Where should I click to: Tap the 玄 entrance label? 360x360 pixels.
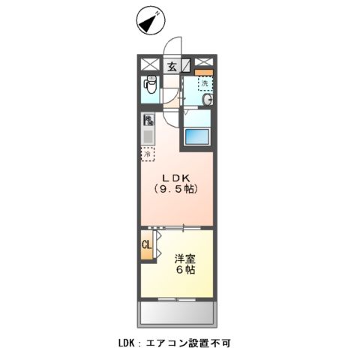point(171,64)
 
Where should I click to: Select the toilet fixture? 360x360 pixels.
point(149,88)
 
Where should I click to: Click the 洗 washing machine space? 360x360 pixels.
point(204,82)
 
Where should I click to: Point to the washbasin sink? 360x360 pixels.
point(207,99)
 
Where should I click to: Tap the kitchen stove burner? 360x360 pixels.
point(148,119)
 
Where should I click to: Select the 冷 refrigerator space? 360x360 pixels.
point(148,154)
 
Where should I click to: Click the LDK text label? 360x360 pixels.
point(175,177)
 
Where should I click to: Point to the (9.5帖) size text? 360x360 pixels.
point(175,189)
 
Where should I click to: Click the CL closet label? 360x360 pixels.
point(147,244)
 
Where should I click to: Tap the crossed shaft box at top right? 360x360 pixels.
point(204,64)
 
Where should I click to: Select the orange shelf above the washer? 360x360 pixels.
point(204,73)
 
